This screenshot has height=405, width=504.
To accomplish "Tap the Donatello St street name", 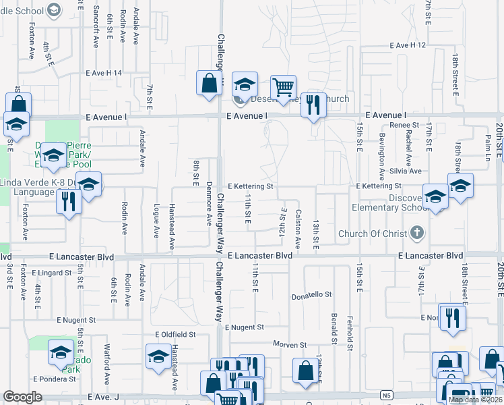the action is tap(311, 295).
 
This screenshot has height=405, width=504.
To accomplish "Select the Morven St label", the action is tap(290, 344).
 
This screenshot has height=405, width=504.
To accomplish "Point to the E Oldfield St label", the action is tap(175, 334).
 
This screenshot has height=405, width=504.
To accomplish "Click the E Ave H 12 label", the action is tap(408, 45).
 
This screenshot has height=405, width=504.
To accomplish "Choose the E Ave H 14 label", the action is tap(104, 73).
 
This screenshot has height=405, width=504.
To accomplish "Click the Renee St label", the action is tap(404, 126).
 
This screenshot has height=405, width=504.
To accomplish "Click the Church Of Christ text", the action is tap(373, 234).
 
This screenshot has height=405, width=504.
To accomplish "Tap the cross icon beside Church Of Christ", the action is tap(418, 234).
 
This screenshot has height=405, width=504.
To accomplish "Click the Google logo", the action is tap(22, 397).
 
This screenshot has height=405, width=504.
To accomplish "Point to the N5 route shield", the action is tap(385, 395).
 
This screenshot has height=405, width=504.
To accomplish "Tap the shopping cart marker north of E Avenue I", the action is tap(283, 87).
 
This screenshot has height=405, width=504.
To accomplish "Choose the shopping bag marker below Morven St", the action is tap(305, 370).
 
